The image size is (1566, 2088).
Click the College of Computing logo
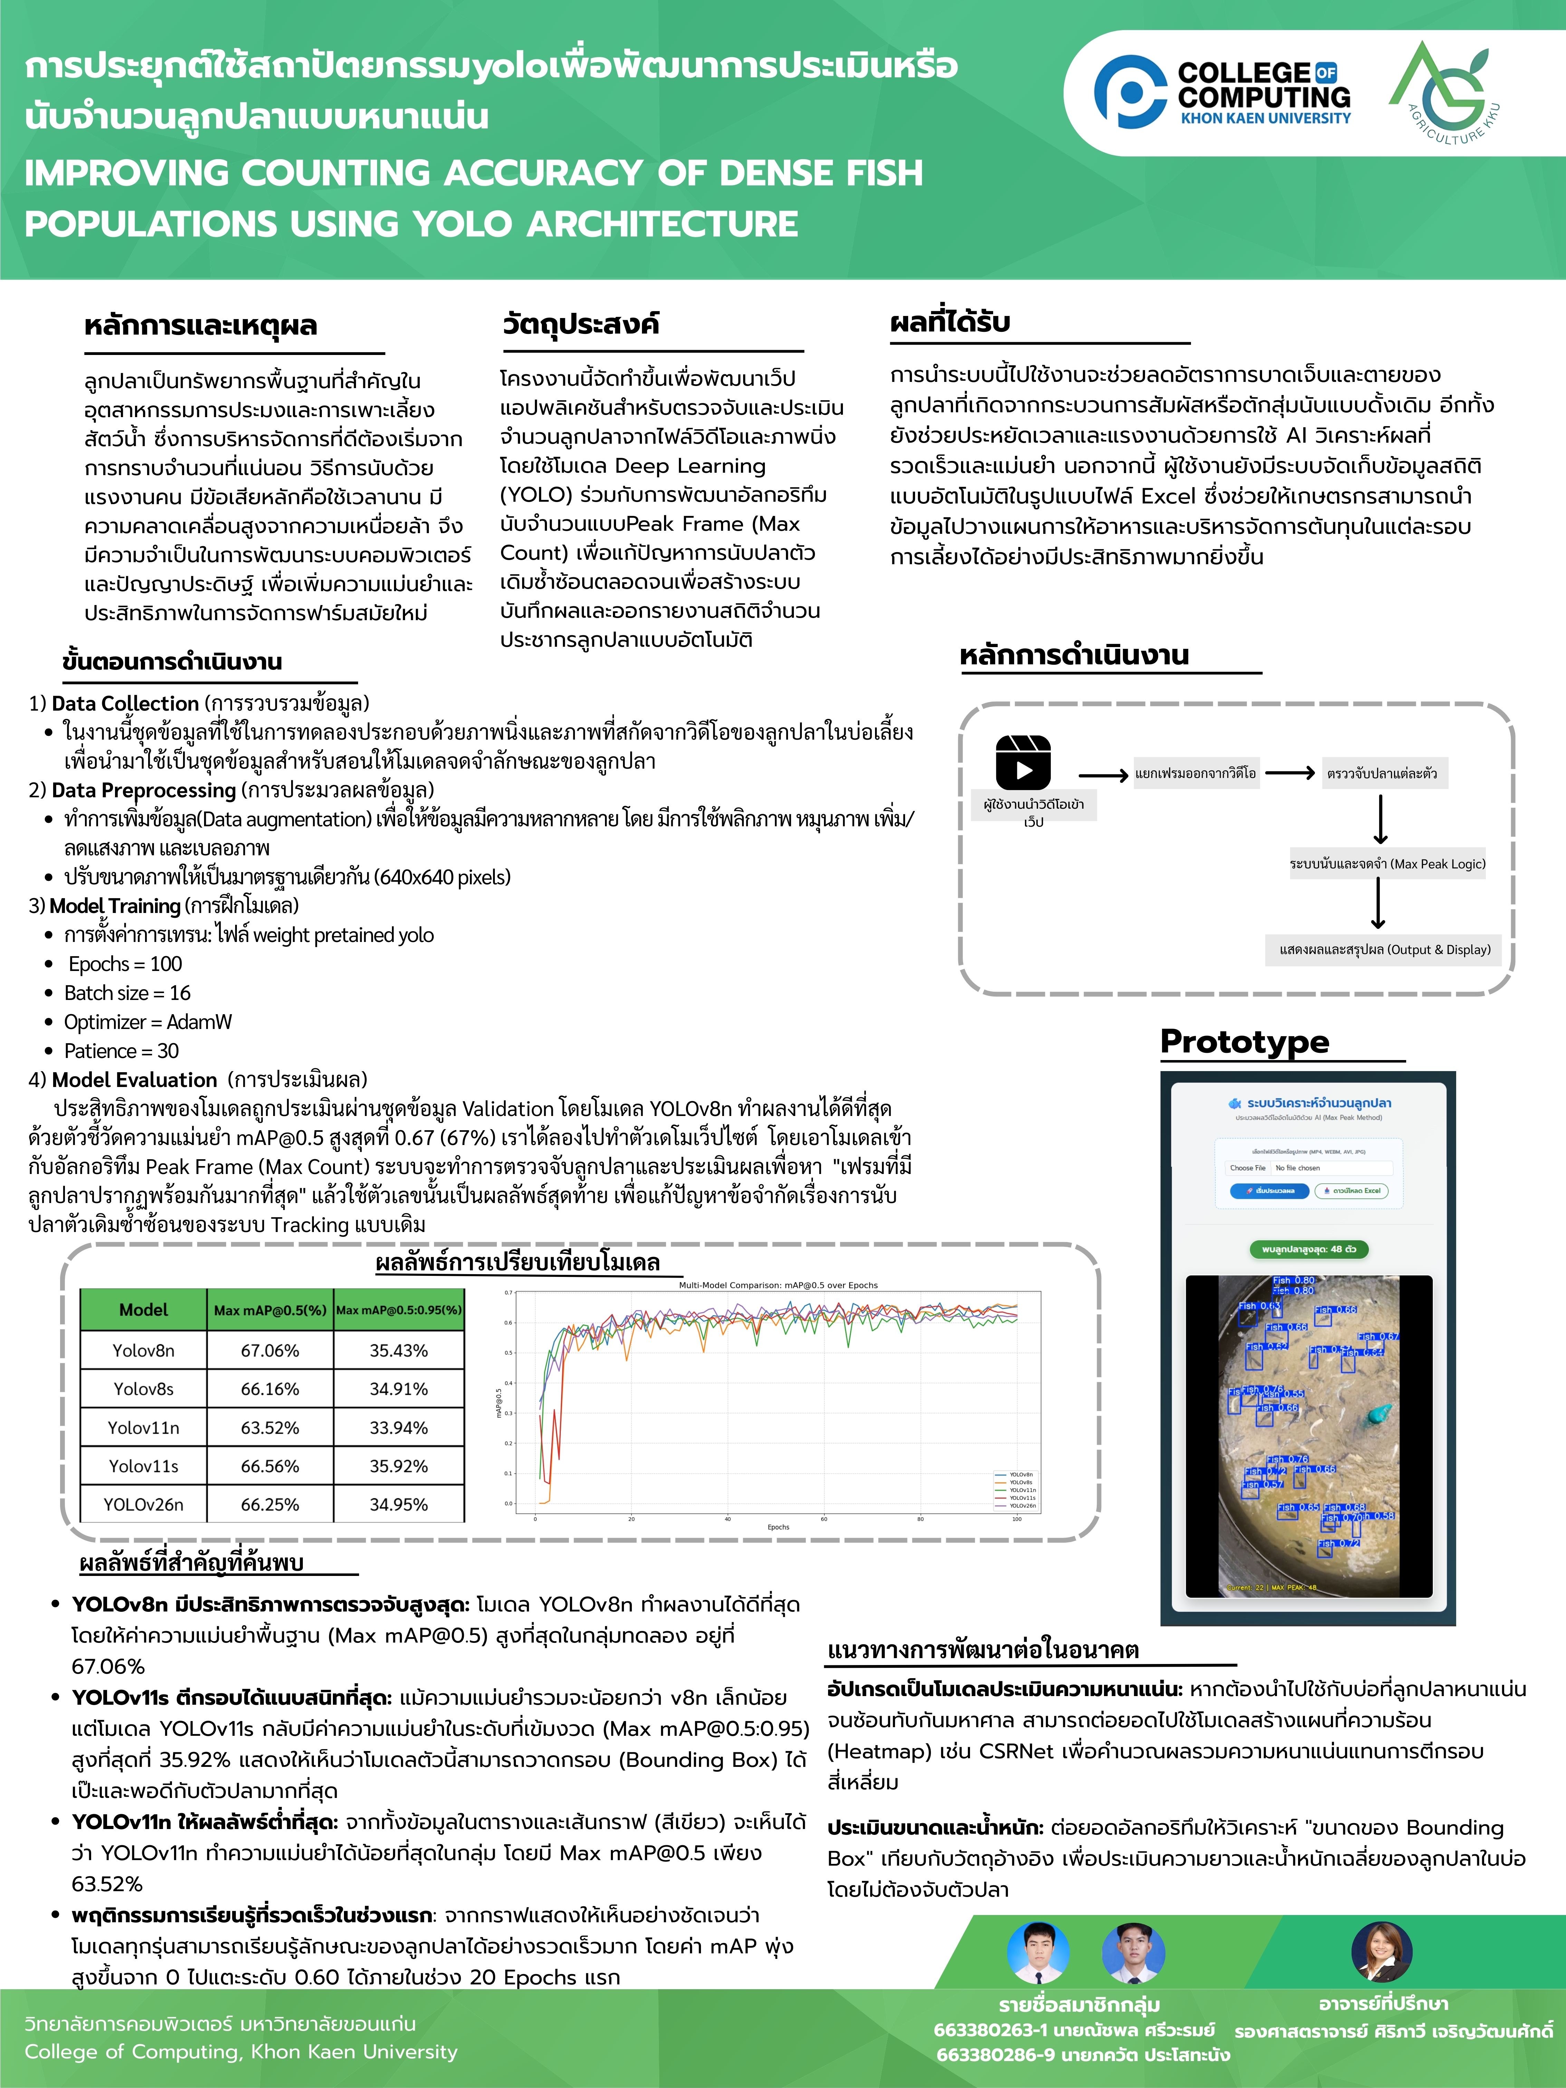[1222, 92]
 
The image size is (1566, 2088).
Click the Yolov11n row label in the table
[144, 1427]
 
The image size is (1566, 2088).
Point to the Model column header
[144, 1309]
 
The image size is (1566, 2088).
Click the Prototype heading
[1244, 1042]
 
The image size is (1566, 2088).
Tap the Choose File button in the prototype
[1247, 1168]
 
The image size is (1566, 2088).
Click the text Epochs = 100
[125, 964]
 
